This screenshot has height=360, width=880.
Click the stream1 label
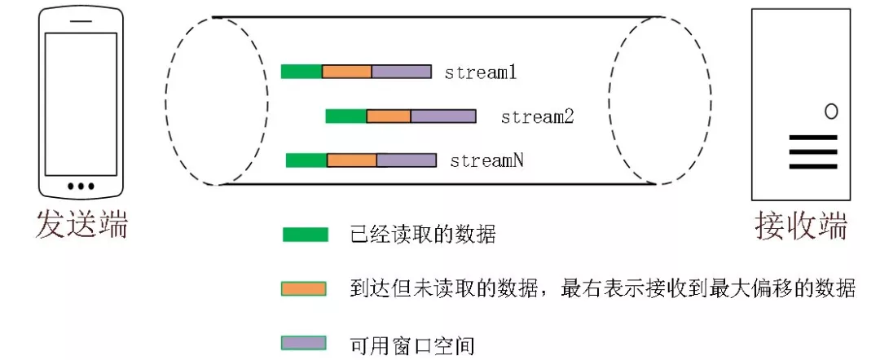click(x=481, y=72)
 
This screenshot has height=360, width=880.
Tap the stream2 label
click(x=538, y=116)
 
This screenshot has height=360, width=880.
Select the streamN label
click(x=486, y=160)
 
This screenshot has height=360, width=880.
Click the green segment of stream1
click(x=301, y=72)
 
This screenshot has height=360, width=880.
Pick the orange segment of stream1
click(x=347, y=72)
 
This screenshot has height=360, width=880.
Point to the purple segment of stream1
click(x=402, y=72)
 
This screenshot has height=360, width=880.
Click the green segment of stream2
click(x=346, y=116)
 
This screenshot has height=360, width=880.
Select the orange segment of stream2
click(x=389, y=116)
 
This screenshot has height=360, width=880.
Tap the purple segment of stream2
click(x=443, y=116)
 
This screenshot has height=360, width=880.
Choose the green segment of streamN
click(x=306, y=160)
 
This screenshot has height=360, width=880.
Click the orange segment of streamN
click(x=352, y=160)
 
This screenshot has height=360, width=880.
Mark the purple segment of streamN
click(x=407, y=160)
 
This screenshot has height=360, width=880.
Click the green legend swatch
click(x=305, y=235)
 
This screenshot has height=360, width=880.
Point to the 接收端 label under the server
click(x=801, y=224)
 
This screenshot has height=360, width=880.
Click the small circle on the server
click(x=831, y=112)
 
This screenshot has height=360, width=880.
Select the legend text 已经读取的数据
click(x=423, y=236)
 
